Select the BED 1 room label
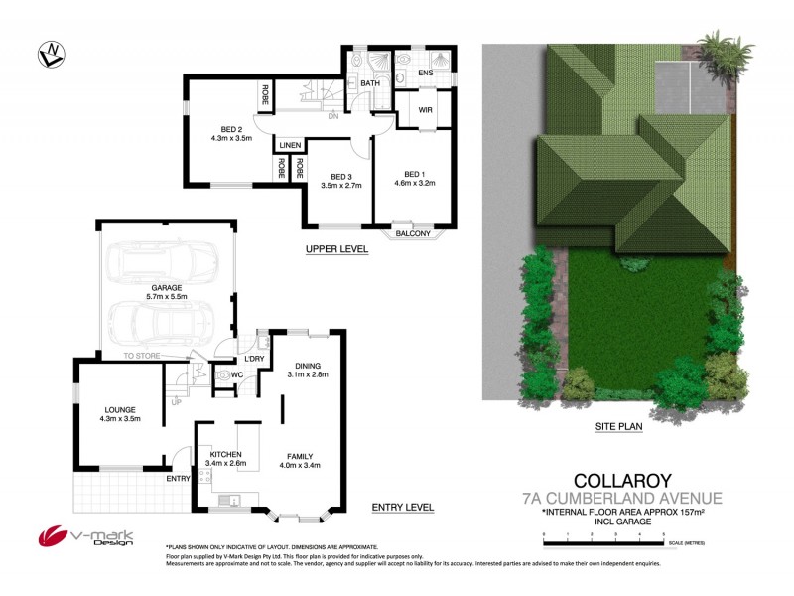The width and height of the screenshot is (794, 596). pyautogui.click(x=414, y=177)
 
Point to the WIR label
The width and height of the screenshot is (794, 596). pyautogui.click(x=424, y=110)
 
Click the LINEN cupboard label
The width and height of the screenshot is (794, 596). pyautogui.click(x=290, y=144)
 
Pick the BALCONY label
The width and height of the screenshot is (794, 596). pyautogui.click(x=414, y=234)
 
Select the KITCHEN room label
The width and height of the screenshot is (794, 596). pyautogui.click(x=225, y=455)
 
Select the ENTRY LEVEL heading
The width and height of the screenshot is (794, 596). pyautogui.click(x=402, y=508)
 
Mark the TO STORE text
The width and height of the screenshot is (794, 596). pyautogui.click(x=141, y=356)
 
